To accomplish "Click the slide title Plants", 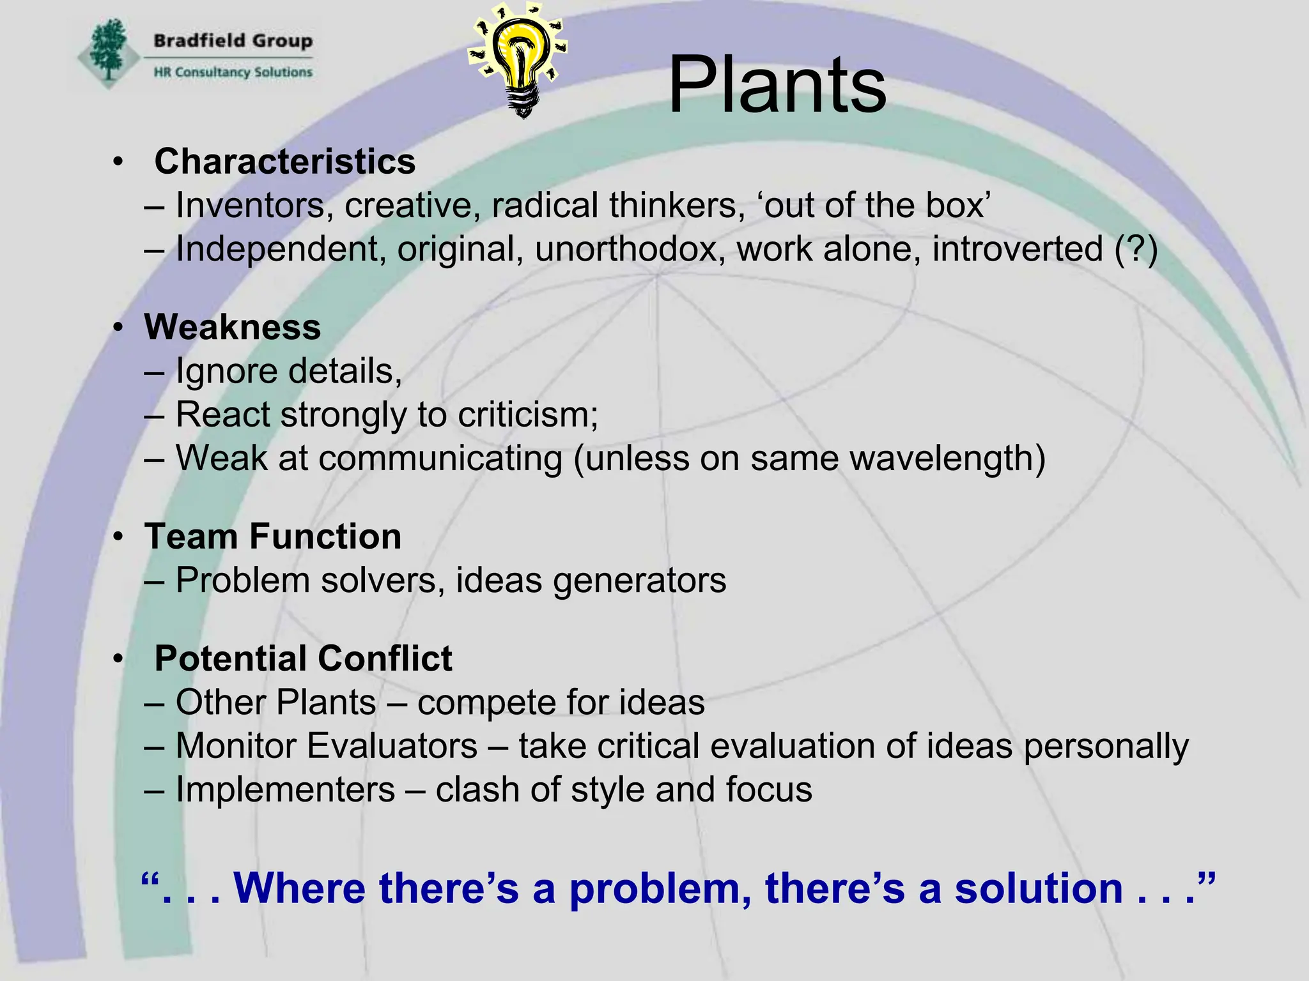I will tap(777, 85).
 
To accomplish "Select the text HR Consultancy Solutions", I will tap(233, 72).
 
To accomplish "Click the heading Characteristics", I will tap(284, 161).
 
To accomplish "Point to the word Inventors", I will tap(250, 206).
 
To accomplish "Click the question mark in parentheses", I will tap(1136, 249).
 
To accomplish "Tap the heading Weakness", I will tap(233, 327).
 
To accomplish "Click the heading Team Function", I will tap(273, 536).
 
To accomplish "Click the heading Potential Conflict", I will tap(303, 658).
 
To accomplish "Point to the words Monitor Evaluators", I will tap(327, 746).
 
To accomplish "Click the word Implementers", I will tap(285, 790).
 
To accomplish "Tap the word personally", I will tap(1106, 746).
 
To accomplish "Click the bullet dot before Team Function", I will tap(118, 537).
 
